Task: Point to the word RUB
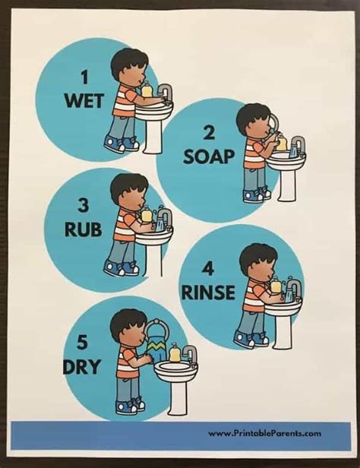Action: pyautogui.click(x=83, y=229)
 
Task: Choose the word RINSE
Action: pyautogui.click(x=208, y=292)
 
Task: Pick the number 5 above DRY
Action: pyautogui.click(x=84, y=343)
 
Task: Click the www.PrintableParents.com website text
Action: pyautogui.click(x=264, y=434)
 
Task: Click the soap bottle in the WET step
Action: pyautogui.click(x=147, y=90)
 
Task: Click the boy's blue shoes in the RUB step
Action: pyautogui.click(x=122, y=268)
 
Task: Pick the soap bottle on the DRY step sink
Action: pyautogui.click(x=175, y=354)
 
